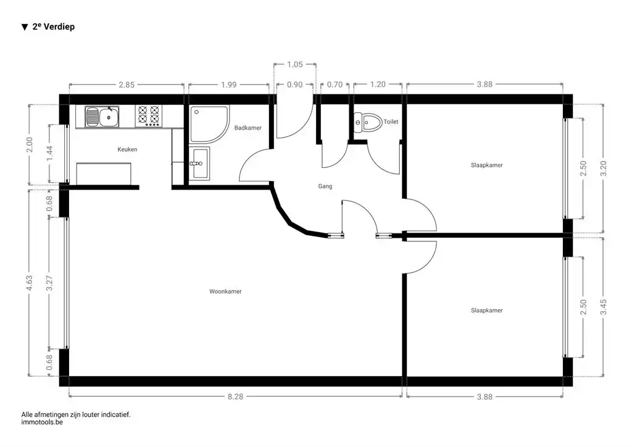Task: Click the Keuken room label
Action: pos(127,149)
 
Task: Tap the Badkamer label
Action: pos(248,128)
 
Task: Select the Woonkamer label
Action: pos(225,291)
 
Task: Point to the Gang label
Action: pos(325,186)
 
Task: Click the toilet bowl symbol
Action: pos(367,122)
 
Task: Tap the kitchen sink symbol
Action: pos(102,115)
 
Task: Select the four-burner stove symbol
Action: pos(148,115)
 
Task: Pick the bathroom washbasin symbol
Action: pos(199,163)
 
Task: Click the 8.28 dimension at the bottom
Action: pos(236,397)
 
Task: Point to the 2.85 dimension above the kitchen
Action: pos(126,85)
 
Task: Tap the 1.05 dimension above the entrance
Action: pos(295,64)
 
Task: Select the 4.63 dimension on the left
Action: pos(30,283)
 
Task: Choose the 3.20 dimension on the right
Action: pos(602,169)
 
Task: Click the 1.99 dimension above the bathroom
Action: pos(228,85)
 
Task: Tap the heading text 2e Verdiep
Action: pos(53,27)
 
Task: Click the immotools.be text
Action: pos(42,423)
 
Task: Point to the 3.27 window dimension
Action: pos(49,283)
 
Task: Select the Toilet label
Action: pos(391,122)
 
